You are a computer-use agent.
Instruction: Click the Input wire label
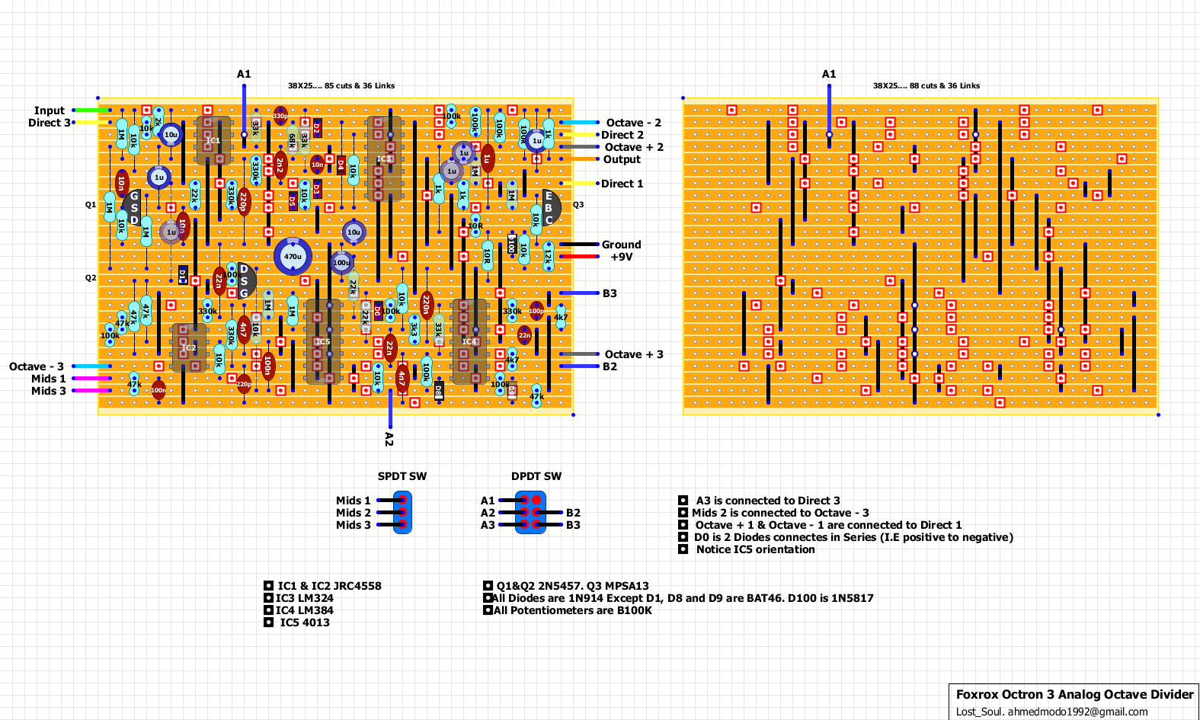(x=49, y=110)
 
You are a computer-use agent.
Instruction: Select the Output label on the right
(x=622, y=159)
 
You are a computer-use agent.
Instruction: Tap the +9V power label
(x=621, y=257)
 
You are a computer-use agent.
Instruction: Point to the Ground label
(x=621, y=245)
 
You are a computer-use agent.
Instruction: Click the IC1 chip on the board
(x=213, y=140)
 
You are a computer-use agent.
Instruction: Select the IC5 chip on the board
(x=323, y=341)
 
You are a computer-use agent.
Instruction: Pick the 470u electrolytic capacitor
(x=293, y=257)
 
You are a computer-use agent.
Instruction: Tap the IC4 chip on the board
(x=469, y=341)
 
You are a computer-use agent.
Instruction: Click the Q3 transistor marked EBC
(x=549, y=208)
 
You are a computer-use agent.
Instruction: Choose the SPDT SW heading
(x=402, y=476)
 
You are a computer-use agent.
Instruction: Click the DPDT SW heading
(x=536, y=476)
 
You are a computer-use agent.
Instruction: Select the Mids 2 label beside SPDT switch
(x=354, y=513)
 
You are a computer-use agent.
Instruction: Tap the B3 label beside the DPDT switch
(x=573, y=525)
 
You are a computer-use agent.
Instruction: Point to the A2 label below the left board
(x=389, y=439)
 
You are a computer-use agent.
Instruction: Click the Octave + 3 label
(x=634, y=354)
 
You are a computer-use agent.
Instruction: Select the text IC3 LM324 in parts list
(x=305, y=598)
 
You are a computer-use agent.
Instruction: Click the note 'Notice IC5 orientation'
(x=755, y=549)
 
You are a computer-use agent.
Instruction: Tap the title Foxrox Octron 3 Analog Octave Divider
(x=1074, y=694)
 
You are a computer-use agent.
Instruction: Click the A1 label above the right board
(x=829, y=74)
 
